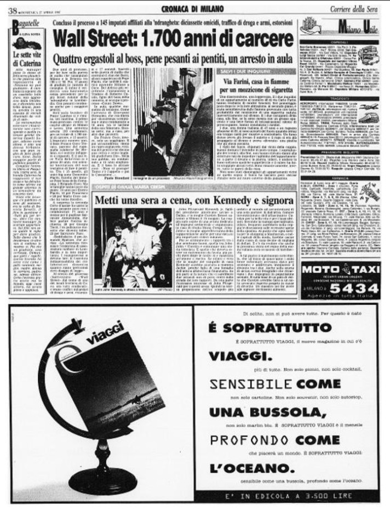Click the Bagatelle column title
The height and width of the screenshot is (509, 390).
25,24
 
